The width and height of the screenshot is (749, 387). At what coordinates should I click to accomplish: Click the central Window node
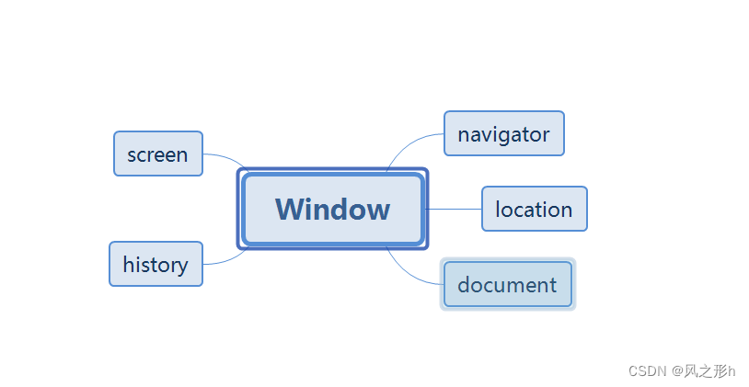pyautogui.click(x=332, y=209)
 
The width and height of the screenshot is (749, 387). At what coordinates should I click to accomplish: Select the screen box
pyautogui.click(x=157, y=154)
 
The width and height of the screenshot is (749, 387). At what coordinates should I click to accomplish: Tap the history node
pyautogui.click(x=156, y=265)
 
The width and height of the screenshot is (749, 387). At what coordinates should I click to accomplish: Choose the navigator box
pyautogui.click(x=503, y=134)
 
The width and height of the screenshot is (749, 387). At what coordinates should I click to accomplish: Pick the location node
pyautogui.click(x=534, y=209)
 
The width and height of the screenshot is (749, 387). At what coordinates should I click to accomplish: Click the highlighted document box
pyautogui.click(x=507, y=285)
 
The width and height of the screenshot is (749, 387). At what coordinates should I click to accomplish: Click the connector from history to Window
pyautogui.click(x=225, y=261)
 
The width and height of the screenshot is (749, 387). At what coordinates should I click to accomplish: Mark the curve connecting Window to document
pyautogui.click(x=410, y=272)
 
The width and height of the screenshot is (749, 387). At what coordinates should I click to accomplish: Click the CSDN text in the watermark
pyautogui.click(x=647, y=370)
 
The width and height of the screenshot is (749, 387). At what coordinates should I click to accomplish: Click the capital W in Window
pyautogui.click(x=290, y=209)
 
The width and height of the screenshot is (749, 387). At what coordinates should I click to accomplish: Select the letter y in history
pyautogui.click(x=181, y=267)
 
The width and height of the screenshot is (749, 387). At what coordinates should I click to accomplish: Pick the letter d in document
pyautogui.click(x=464, y=284)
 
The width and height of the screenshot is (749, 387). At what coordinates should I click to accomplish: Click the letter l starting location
pyautogui.click(x=498, y=209)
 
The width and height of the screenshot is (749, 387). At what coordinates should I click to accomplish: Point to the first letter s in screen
pyautogui.click(x=133, y=155)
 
